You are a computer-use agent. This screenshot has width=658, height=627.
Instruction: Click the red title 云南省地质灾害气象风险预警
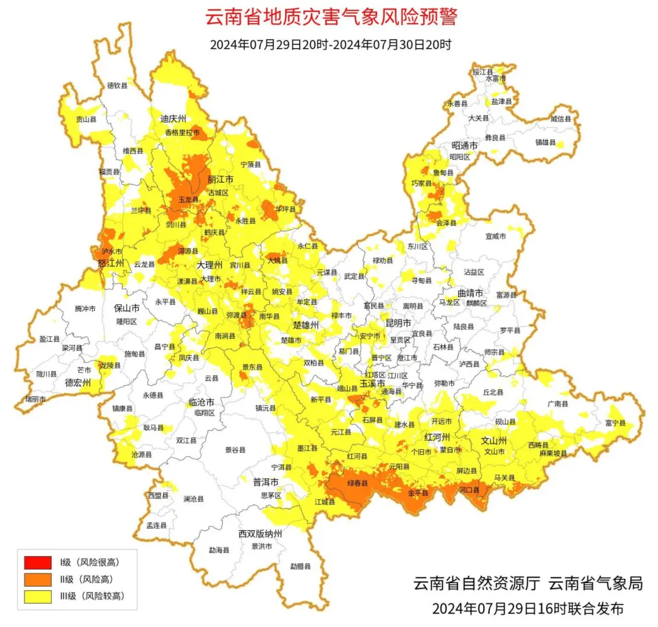coord(331,17)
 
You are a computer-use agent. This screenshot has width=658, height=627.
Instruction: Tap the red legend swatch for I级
coord(37,562)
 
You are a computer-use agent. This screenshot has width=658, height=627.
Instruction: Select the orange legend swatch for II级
coord(37,579)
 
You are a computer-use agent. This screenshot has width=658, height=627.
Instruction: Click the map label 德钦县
coord(118,86)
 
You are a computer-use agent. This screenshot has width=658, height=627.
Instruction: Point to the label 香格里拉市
coord(182,132)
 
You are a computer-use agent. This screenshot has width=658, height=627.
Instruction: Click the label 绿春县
coord(358,484)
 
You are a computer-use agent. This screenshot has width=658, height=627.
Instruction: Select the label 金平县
coord(418,492)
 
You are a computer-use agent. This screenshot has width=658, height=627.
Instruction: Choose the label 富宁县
coord(617,423)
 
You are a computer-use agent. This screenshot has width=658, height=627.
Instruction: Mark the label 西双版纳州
coord(260,534)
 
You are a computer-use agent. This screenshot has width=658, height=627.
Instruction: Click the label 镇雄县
coord(545,142)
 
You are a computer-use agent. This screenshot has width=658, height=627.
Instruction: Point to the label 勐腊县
coord(300,567)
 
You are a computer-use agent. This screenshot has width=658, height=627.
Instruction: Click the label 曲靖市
coord(472,294)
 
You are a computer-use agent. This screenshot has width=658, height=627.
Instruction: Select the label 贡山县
coord(86,120)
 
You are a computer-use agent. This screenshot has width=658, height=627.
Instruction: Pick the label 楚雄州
coord(306,325)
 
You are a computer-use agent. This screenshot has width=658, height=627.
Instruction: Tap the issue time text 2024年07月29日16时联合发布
coord(528,608)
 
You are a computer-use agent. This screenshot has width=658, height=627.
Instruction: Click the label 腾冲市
coord(85,309)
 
